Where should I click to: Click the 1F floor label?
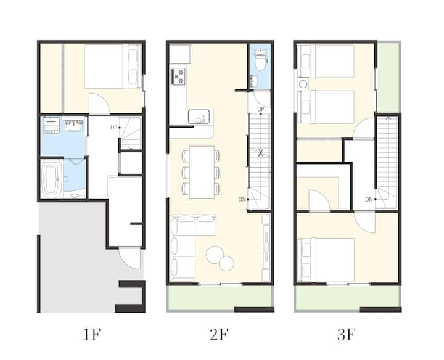[91, 334]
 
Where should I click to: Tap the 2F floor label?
[219, 334]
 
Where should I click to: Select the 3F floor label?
[347, 334]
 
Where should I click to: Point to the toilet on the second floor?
[260, 60]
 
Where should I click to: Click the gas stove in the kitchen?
[178, 76]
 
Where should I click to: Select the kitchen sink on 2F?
[199, 117]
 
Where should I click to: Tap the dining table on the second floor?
[202, 173]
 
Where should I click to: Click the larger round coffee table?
[215, 255]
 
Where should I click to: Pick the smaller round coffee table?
[226, 263]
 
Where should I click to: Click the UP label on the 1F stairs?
[114, 128]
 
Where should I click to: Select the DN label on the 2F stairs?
[242, 200]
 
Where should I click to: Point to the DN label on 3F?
[369, 200]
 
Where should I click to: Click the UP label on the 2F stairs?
[261, 109]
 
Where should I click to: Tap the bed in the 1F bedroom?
[113, 66]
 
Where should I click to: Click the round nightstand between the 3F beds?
[303, 84]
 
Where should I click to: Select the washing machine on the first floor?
[51, 125]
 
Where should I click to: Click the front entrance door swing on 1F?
[129, 258]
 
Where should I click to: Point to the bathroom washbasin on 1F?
[74, 125]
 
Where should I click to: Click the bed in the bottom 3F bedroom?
[326, 260]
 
